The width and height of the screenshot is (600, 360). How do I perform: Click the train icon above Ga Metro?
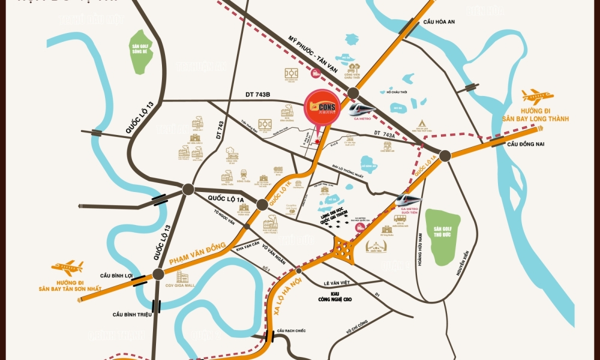362,109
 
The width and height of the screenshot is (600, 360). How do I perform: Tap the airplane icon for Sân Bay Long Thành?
537,97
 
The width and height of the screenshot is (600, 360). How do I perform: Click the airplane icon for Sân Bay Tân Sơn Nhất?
67,267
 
